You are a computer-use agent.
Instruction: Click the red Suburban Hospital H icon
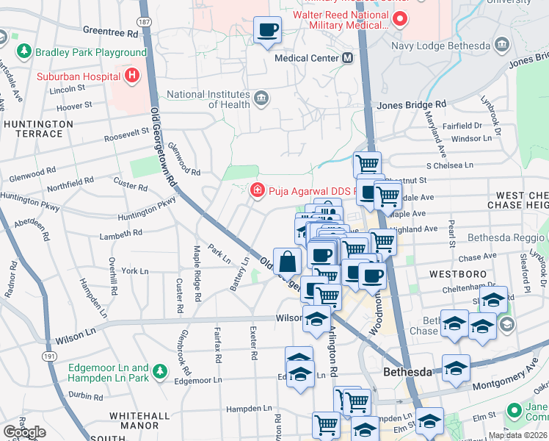coord(131,75)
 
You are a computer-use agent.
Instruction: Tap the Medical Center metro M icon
coord(348,57)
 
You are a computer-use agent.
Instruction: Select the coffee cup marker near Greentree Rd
coord(268,30)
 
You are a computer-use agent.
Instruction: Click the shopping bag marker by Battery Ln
coord(287,261)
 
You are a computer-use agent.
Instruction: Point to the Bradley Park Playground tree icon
coord(24,52)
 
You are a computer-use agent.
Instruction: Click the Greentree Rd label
coord(111,33)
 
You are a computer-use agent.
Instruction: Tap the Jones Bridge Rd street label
coord(411,105)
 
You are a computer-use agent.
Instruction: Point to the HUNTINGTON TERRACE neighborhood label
coord(38,129)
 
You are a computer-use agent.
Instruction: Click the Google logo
coord(24,432)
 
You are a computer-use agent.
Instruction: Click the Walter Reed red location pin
coord(400,19)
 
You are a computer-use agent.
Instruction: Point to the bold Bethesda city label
coord(407,373)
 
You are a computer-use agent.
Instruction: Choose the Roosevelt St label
coord(126,131)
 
